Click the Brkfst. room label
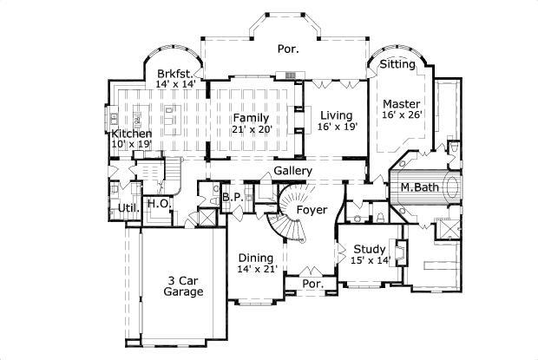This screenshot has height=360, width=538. pos(174,74)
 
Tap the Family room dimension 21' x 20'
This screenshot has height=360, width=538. pos(252,129)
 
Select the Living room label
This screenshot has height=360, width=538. pos(335,115)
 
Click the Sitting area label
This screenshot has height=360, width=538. pos(398,64)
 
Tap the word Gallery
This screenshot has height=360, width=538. pos(292,171)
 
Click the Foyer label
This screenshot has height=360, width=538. pos(312,210)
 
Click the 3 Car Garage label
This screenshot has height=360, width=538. pos(185,286)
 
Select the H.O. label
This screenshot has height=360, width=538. pos(157,203)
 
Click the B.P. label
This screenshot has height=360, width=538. pos(232,197)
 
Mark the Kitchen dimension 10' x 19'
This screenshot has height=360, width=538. pos(131,145)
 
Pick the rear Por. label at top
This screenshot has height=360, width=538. pos(288,49)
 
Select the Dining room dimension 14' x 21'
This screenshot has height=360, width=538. pos(256,270)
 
